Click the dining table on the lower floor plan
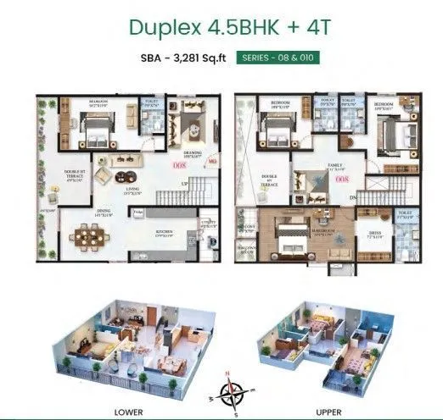point(88,236)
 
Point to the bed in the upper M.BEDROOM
point(283,239)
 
